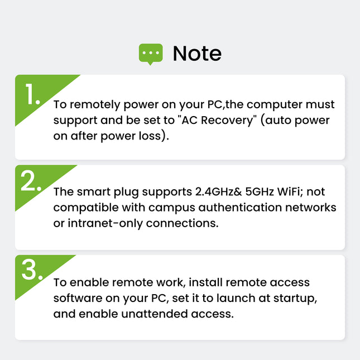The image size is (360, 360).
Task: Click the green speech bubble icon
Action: pyautogui.click(x=150, y=54)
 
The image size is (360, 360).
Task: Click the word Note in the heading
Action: pyautogui.click(x=197, y=54)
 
